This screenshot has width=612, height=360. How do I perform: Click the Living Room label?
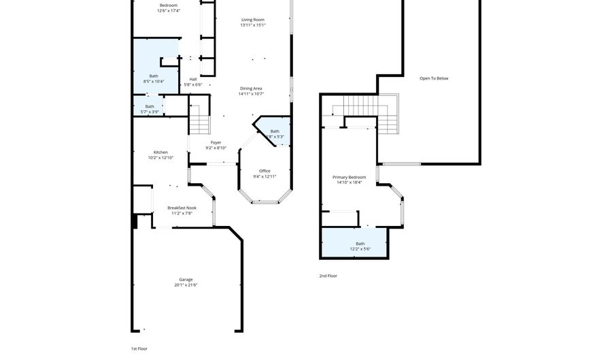click(x=252, y=20)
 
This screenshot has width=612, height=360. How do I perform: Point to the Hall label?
click(x=193, y=79)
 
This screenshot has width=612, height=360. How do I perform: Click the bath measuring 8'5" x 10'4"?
click(x=154, y=76)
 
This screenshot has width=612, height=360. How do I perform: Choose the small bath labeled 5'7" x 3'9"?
click(x=150, y=107)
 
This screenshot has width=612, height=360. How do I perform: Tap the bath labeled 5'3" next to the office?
click(x=275, y=131)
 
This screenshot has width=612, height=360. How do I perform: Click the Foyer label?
click(x=216, y=143)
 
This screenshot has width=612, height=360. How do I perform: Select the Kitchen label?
click(x=160, y=152)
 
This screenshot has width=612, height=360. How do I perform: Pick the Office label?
click(x=265, y=171)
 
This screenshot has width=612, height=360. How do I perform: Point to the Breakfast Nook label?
click(x=182, y=208)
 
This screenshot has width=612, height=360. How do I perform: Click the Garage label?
click(x=186, y=279)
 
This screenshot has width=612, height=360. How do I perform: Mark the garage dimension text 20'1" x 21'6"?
click(x=186, y=285)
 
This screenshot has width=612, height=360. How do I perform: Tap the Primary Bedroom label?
click(x=349, y=177)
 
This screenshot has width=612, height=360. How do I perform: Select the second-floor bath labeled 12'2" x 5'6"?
click(x=360, y=244)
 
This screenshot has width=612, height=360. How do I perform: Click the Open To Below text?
click(x=433, y=78)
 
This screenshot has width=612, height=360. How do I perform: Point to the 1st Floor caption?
click(x=139, y=348)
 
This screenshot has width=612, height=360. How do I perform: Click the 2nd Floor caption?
click(x=328, y=276)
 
